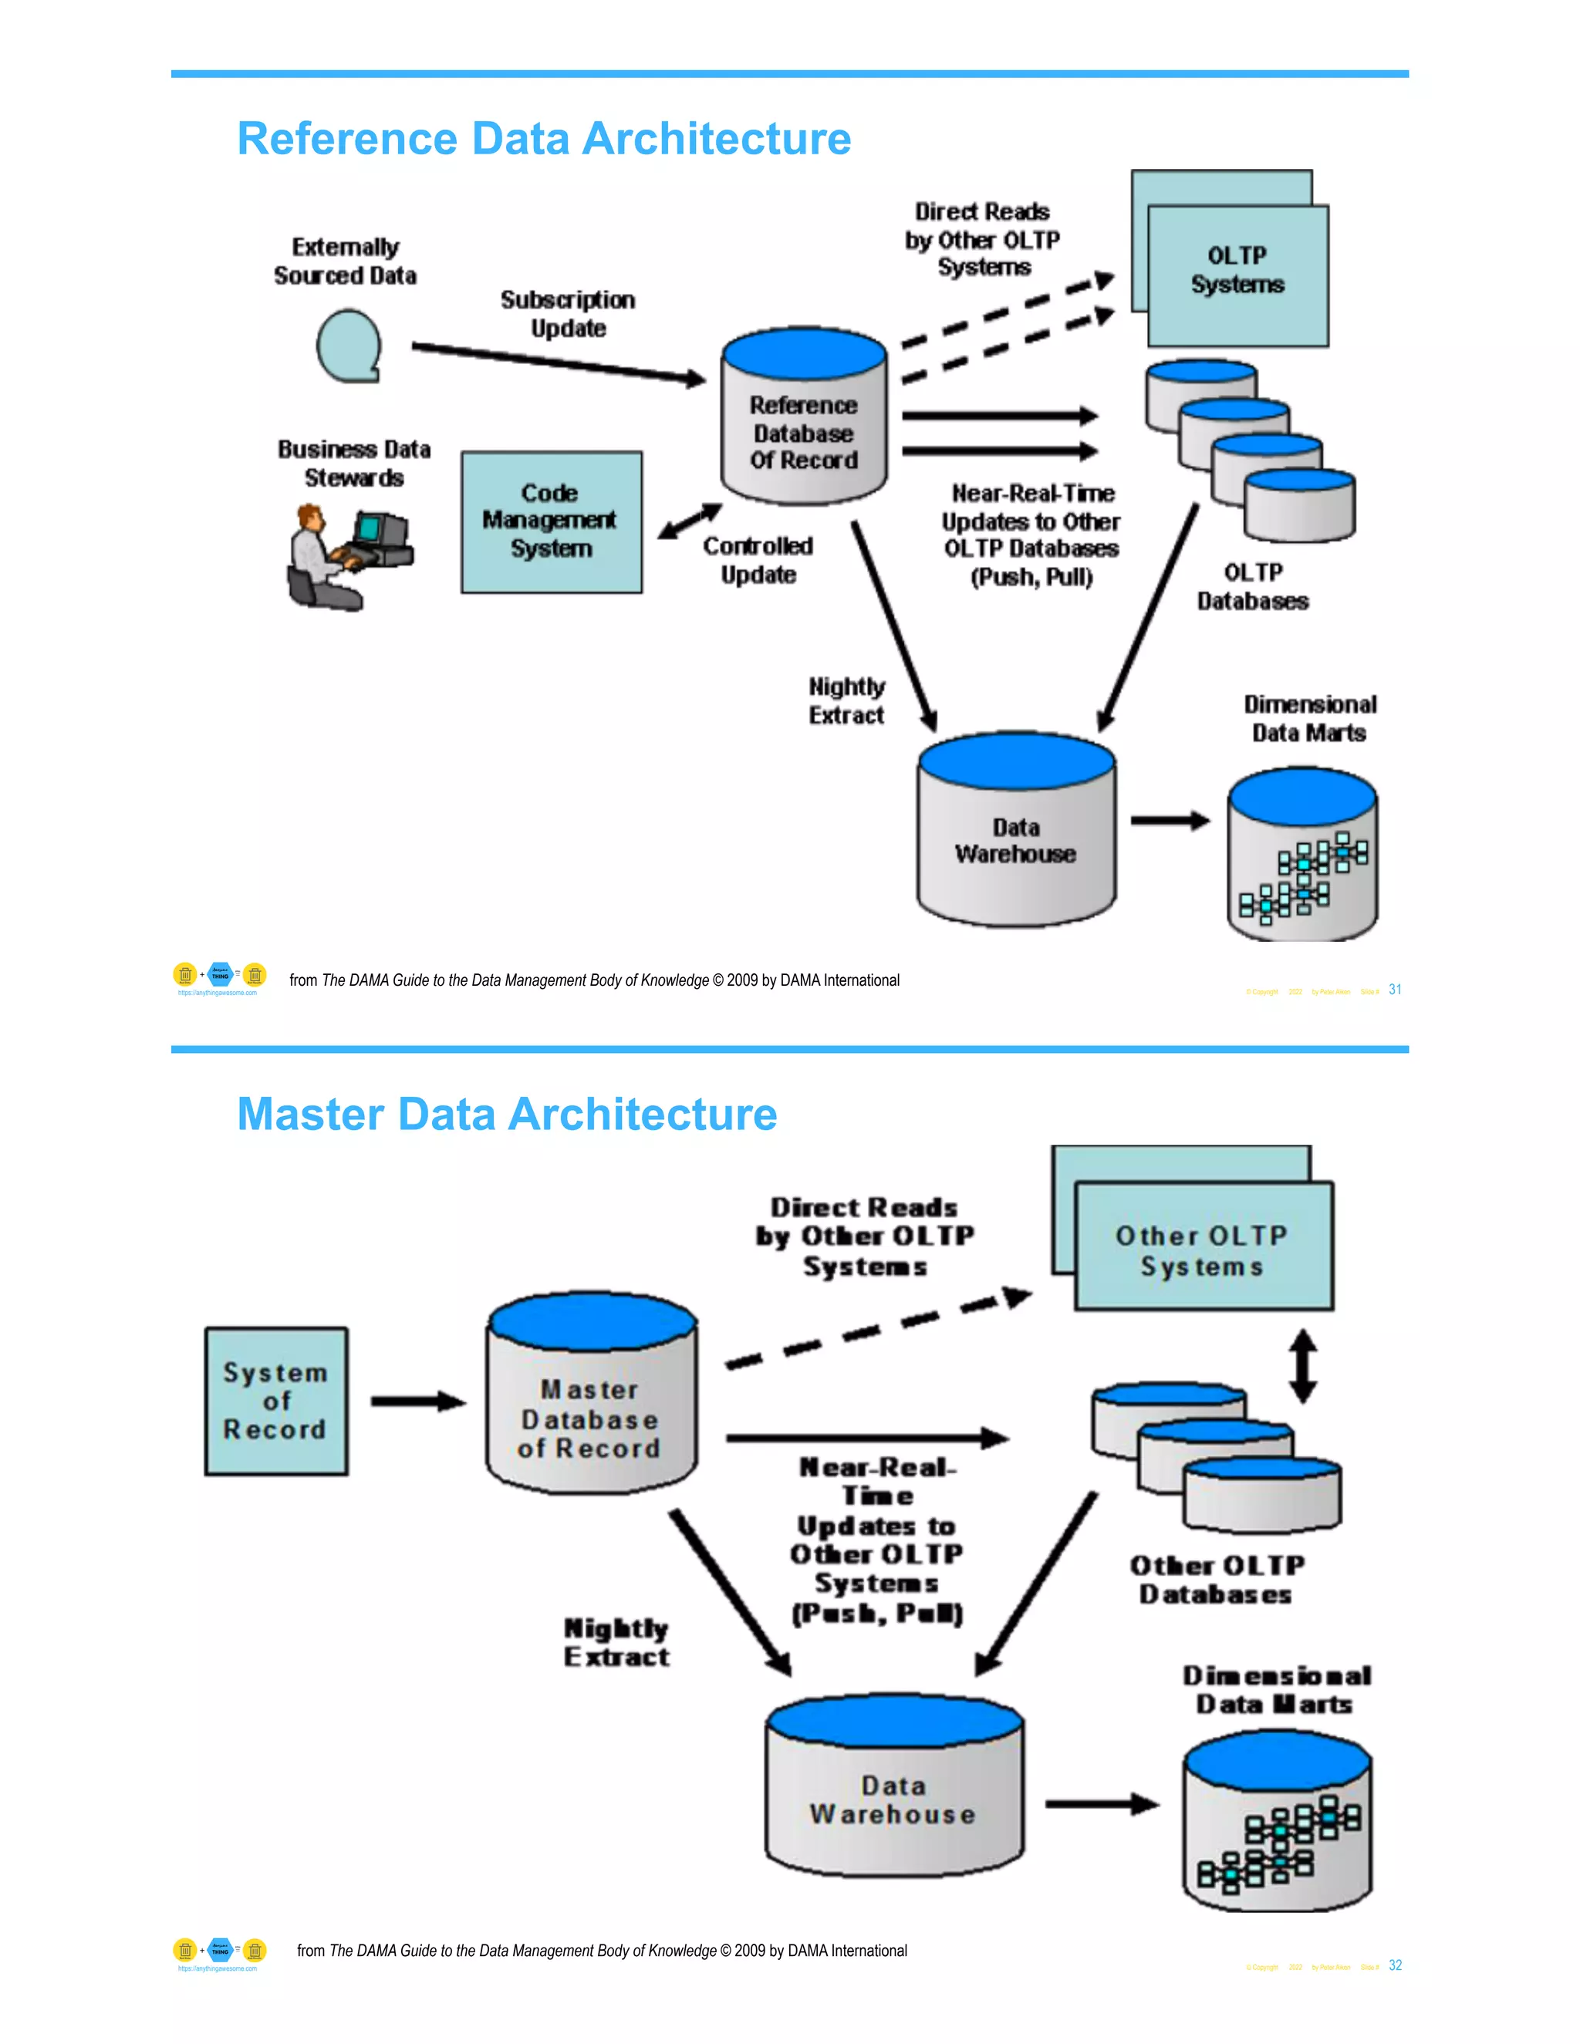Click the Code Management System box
pos(552,521)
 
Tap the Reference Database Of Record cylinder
pos(803,421)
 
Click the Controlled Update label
pos(758,560)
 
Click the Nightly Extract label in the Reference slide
pos(846,701)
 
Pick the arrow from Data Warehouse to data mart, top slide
pos(1170,821)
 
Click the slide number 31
pos(1395,990)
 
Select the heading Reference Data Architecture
pos(544,139)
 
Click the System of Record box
pos(276,1401)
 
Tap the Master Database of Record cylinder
pos(591,1399)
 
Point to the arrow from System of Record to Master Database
pos(417,1401)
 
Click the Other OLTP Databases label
pos(1216,1579)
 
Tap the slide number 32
pos(1395,1965)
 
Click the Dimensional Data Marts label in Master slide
pos(1276,1689)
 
